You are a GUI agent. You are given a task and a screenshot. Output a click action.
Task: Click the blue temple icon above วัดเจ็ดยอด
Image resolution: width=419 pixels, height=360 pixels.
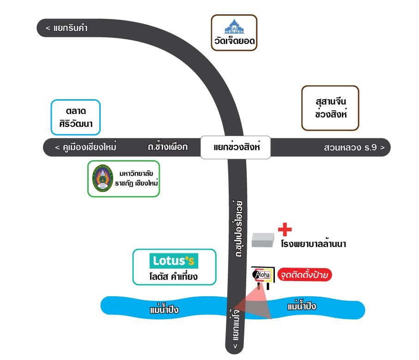point(234,26)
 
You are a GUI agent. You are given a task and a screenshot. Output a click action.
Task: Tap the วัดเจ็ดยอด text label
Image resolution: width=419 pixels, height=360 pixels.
point(234,41)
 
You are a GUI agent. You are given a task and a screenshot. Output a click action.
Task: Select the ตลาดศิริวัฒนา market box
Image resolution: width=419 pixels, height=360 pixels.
point(76,117)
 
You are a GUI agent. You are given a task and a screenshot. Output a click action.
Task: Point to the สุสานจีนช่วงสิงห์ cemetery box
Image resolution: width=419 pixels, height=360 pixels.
point(330,108)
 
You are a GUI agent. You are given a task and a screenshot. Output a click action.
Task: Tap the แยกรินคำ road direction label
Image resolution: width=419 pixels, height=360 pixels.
point(67,28)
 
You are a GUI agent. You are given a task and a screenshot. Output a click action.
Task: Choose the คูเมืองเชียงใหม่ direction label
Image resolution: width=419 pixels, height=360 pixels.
point(85,147)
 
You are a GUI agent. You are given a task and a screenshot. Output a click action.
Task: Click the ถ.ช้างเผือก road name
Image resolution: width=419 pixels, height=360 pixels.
point(168,147)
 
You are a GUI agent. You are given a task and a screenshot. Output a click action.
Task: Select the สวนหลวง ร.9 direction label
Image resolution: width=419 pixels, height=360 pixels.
point(354,147)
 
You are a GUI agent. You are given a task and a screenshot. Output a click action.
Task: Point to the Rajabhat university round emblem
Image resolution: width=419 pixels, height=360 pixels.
point(103,178)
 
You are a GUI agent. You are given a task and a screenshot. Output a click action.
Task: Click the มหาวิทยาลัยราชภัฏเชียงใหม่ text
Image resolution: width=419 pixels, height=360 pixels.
point(136,179)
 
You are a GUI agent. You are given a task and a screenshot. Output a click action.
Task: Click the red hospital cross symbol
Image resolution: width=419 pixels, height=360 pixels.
point(285,229)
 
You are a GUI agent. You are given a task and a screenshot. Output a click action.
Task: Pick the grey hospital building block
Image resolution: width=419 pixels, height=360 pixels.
point(263,240)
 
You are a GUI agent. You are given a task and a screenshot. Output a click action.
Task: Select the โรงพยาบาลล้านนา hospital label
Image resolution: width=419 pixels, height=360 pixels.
point(314,244)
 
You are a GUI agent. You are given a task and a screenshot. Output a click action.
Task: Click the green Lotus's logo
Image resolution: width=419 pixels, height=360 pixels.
point(174,261)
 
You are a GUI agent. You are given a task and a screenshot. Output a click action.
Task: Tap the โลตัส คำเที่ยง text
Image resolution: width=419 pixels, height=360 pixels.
point(173,276)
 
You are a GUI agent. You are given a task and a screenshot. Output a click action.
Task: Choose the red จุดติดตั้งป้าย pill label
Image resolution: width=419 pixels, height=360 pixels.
point(304,275)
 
